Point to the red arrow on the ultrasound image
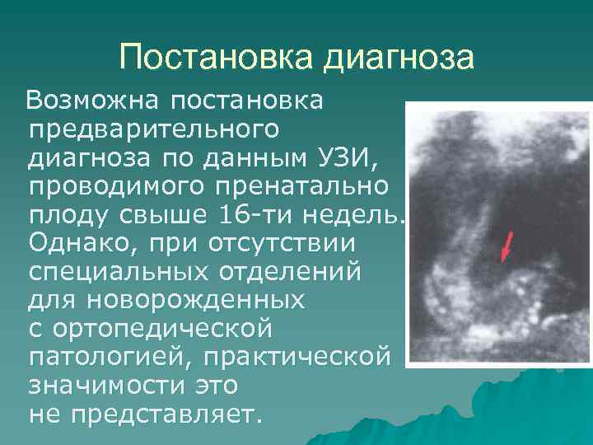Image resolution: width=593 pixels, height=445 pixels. point(507,246)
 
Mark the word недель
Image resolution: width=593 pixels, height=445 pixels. point(353,215)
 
